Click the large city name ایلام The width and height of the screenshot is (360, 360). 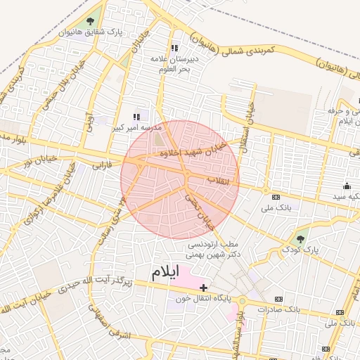[165, 271]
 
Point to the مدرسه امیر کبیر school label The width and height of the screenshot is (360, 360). [137, 128]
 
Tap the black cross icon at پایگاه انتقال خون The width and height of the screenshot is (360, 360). [204, 287]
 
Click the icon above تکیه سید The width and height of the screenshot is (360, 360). [346, 186]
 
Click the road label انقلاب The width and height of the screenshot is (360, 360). [218, 181]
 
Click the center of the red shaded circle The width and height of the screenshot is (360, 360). [180, 180]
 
